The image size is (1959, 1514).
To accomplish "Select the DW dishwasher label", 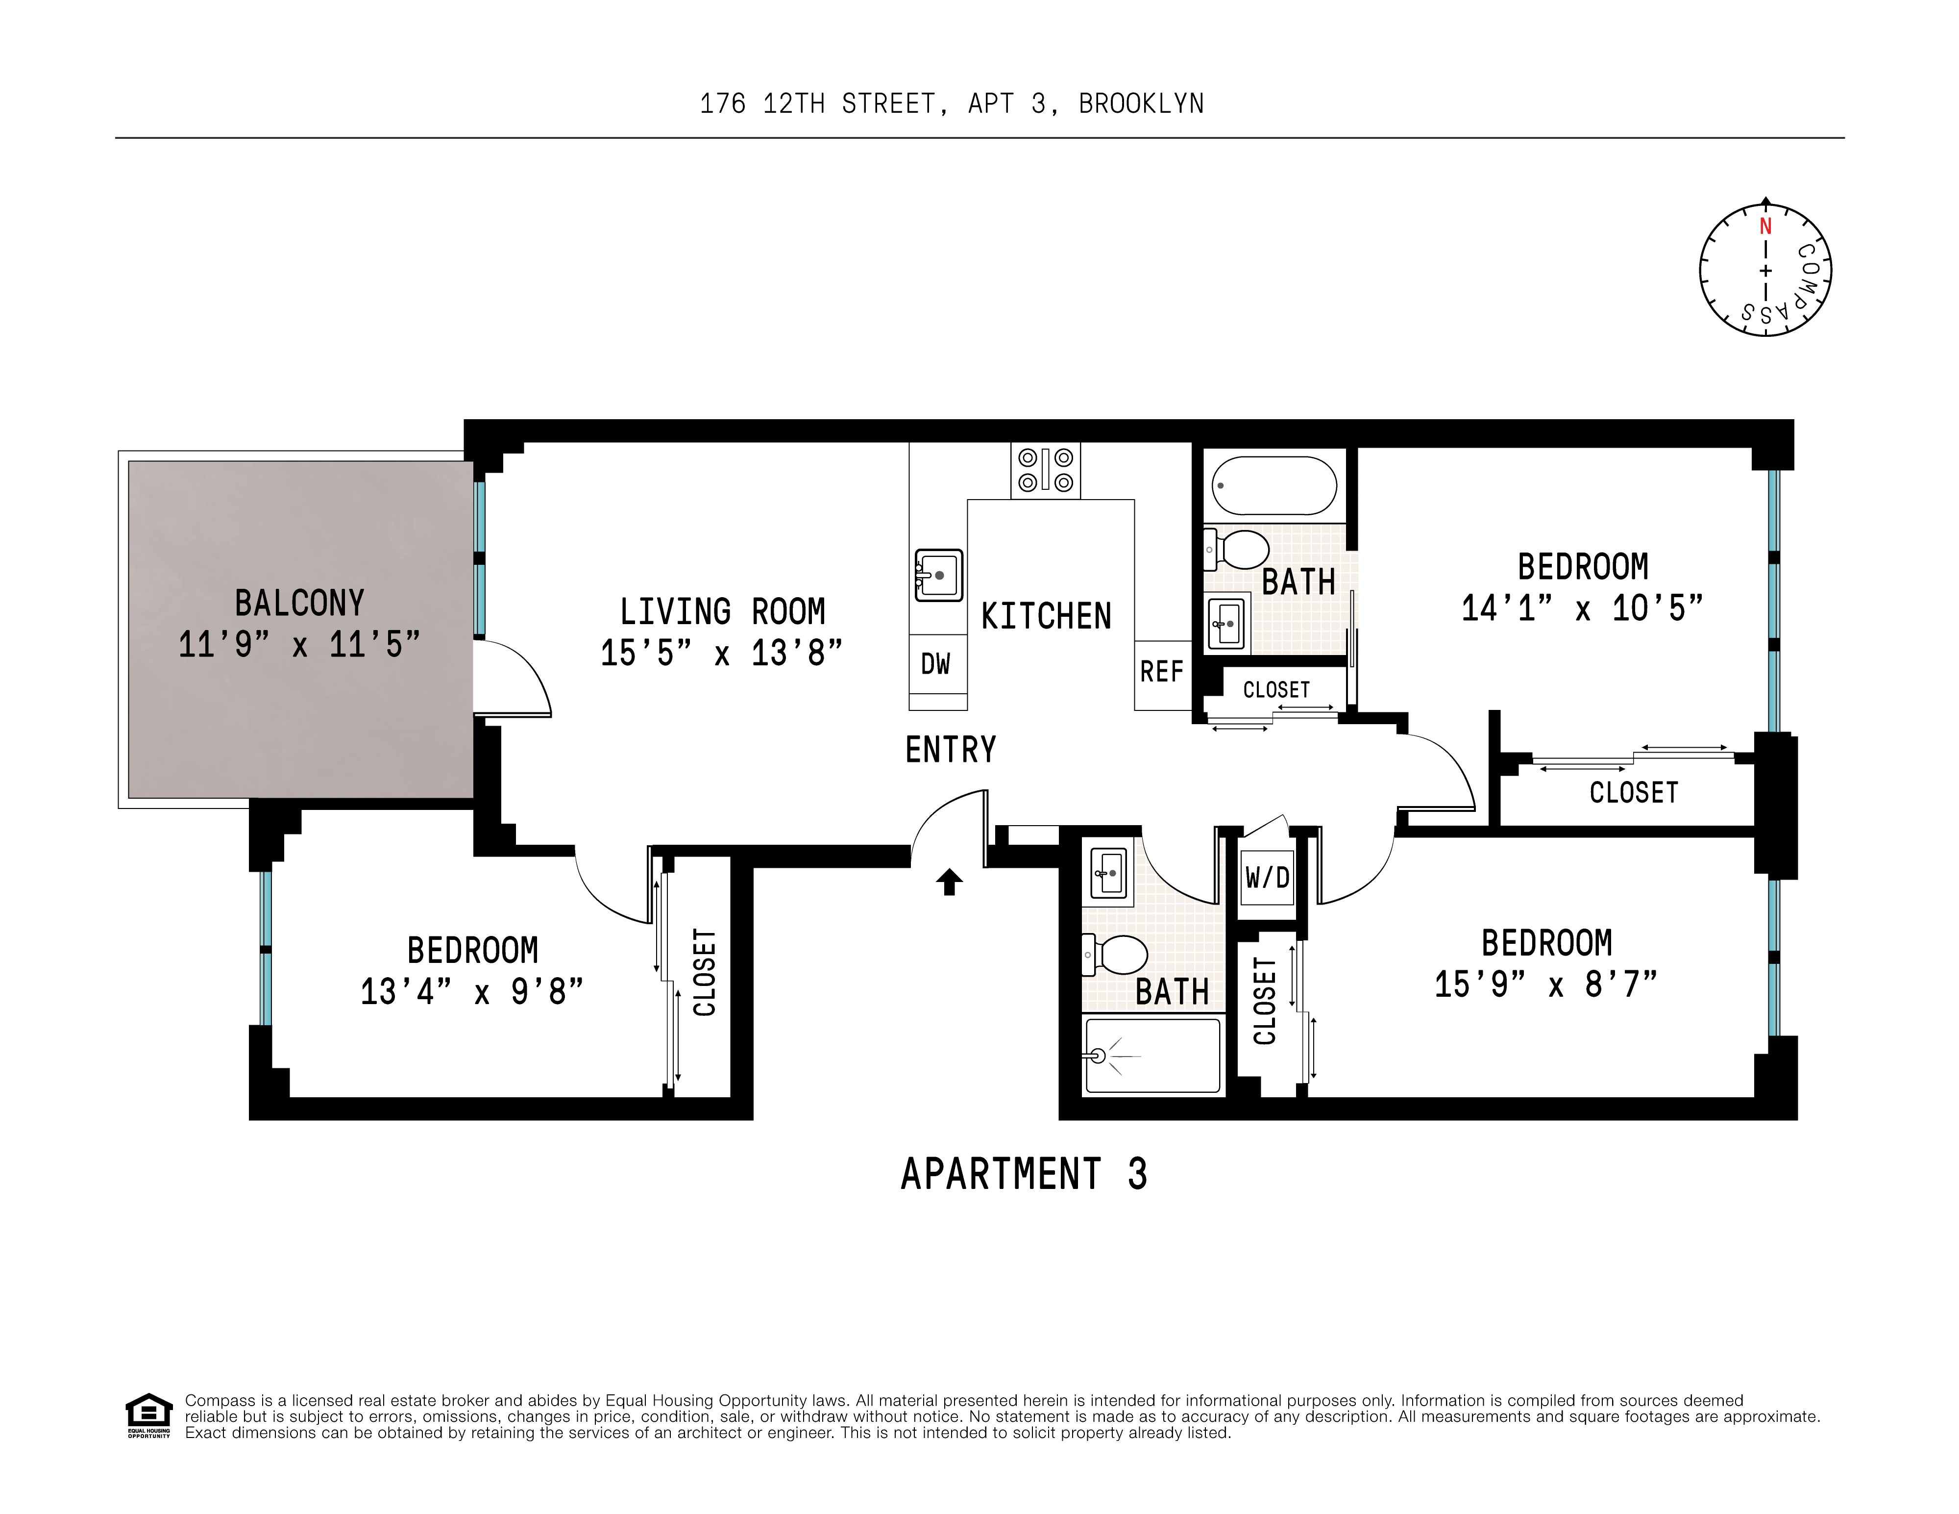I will click(935, 664).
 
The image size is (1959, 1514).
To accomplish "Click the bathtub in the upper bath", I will click(1273, 485).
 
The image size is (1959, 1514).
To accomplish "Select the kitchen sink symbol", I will click(938, 574).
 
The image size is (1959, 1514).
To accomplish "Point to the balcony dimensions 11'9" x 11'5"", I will click(299, 644).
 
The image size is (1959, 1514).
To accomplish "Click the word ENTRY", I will click(951, 749).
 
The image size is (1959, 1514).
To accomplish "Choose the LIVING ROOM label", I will click(722, 612).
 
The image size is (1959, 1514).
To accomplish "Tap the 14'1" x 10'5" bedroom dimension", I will click(1581, 608).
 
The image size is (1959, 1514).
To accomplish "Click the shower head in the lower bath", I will click(1098, 1056).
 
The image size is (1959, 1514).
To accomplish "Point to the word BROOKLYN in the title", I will click(1141, 104).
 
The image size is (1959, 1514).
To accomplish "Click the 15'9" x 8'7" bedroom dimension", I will click(1545, 984).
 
